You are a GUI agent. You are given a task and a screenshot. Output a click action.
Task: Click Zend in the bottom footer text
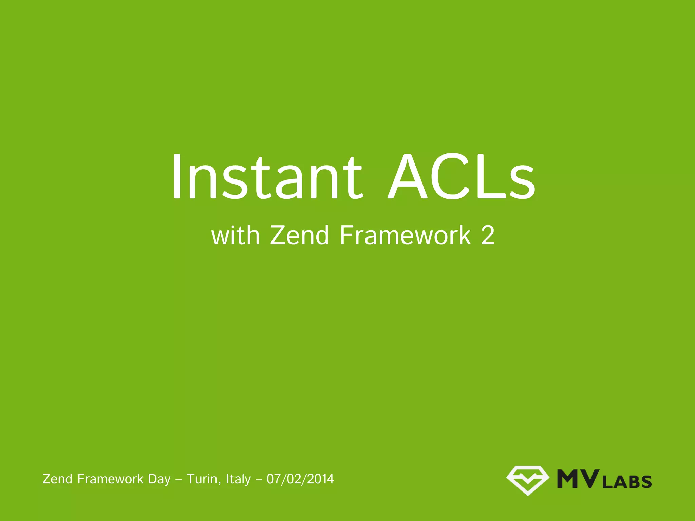tap(57, 479)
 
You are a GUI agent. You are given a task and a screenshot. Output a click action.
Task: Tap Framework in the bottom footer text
tap(110, 479)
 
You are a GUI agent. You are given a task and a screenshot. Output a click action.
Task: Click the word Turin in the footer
tap(202, 479)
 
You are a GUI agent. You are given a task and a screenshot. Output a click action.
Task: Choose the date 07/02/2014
tap(300, 479)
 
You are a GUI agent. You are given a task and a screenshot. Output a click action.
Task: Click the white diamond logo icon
tap(528, 480)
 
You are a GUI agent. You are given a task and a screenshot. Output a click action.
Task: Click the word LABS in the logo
tap(627, 482)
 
